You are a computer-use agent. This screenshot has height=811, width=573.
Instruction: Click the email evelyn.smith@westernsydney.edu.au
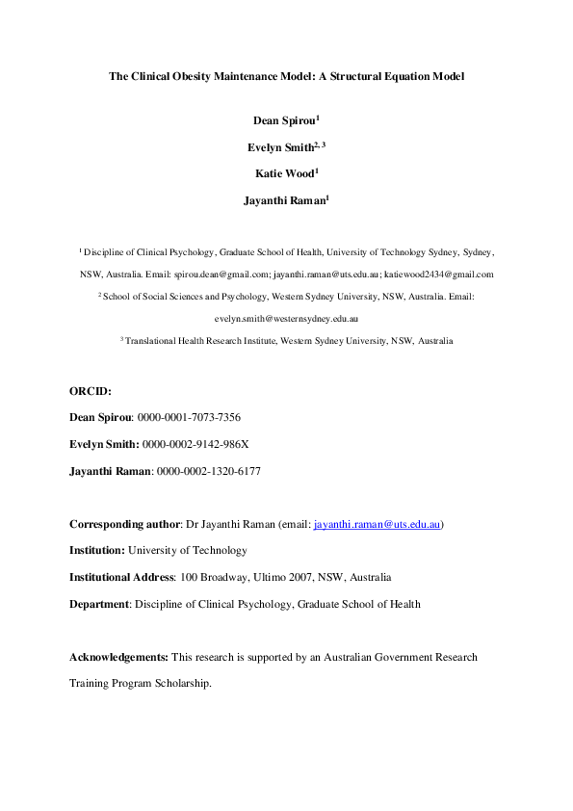(x=286, y=319)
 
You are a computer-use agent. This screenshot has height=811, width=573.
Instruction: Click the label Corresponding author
(x=125, y=525)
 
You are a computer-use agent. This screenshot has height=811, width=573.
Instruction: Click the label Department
(x=99, y=605)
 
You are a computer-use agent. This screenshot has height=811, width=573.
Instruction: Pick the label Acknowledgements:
(x=118, y=658)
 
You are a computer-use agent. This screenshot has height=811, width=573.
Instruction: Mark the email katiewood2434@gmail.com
(x=444, y=275)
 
